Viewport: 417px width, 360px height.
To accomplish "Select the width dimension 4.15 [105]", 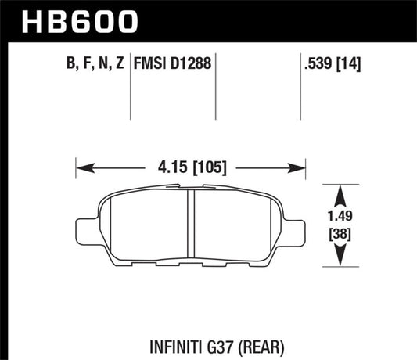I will pyautogui.click(x=189, y=167).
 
